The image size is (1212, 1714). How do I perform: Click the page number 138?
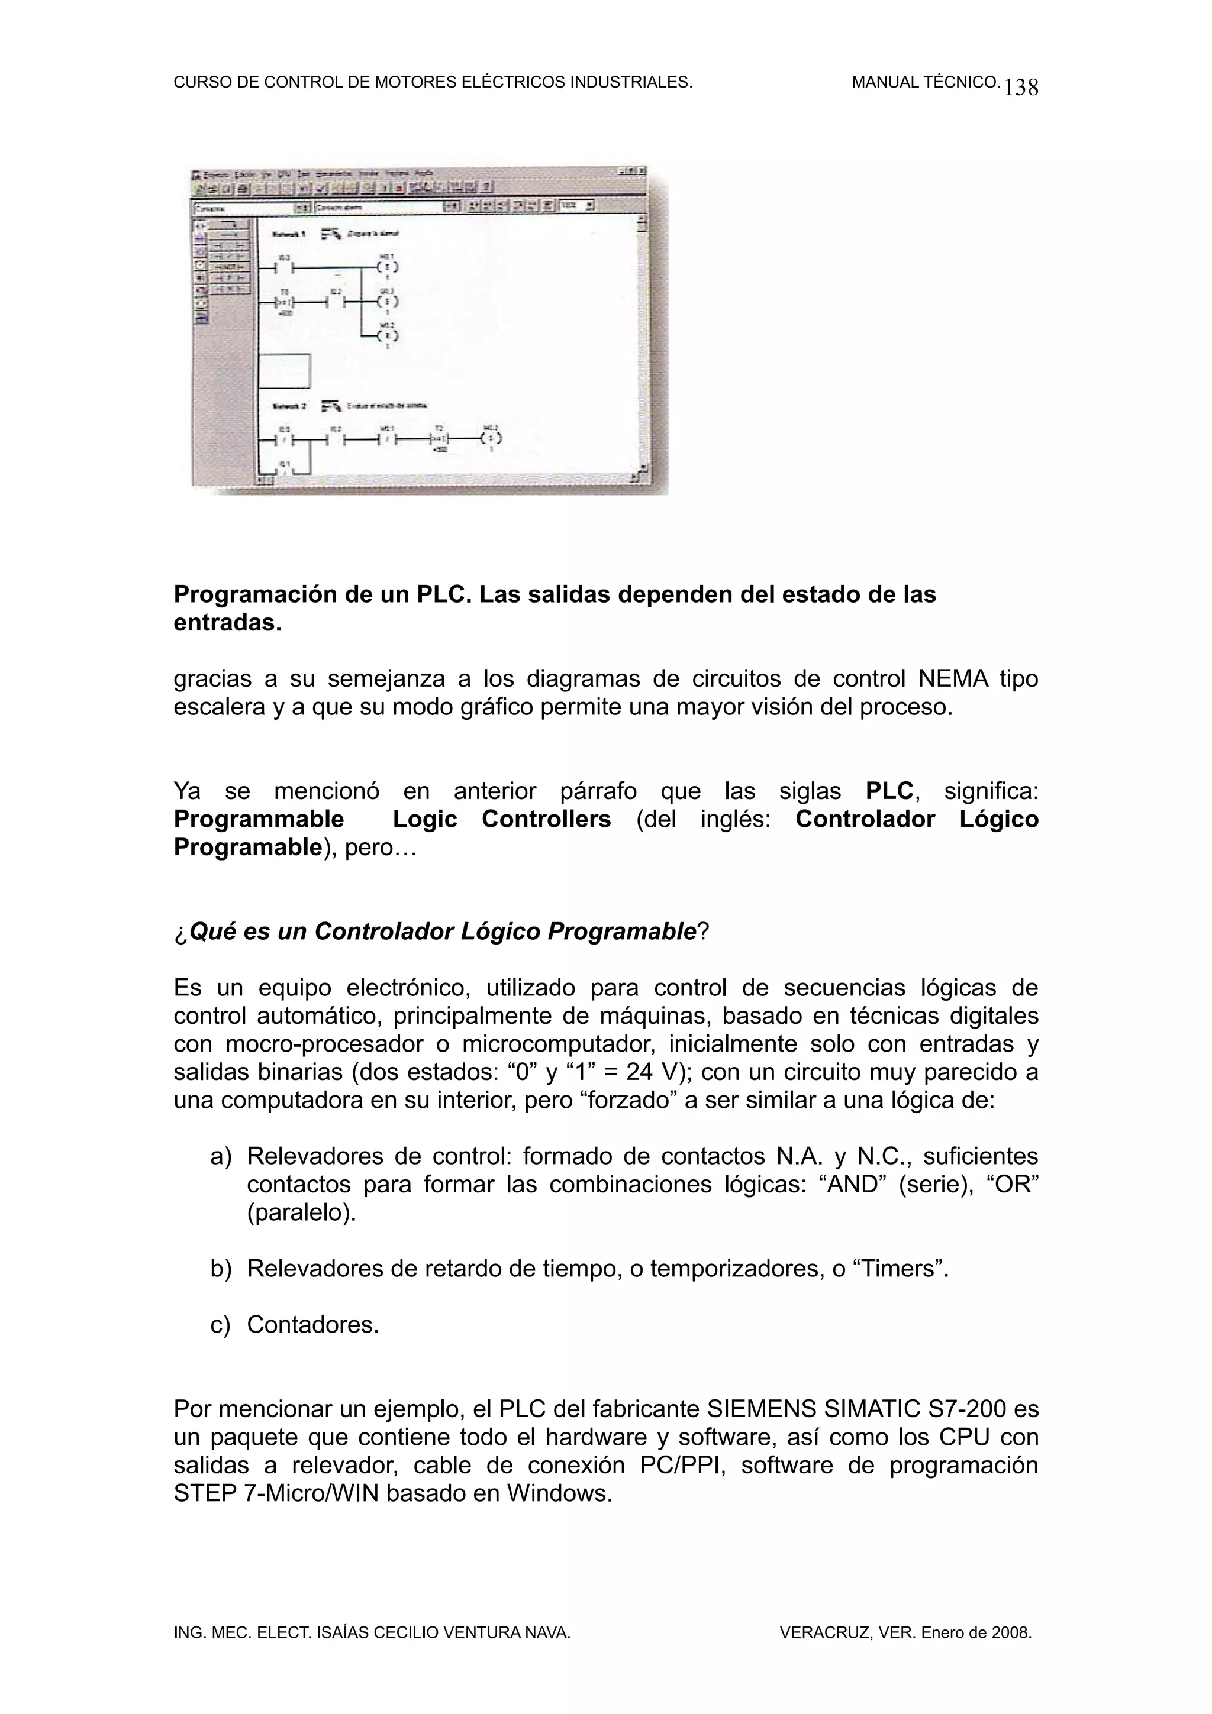click(1021, 88)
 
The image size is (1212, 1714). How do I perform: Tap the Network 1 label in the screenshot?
click(289, 234)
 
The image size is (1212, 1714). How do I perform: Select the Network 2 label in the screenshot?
click(289, 406)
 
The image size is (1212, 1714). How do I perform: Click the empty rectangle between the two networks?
click(284, 371)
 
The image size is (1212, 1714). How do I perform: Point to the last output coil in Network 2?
click(491, 438)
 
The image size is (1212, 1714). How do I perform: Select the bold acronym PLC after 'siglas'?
click(889, 791)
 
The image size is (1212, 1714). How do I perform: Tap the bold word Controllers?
click(546, 819)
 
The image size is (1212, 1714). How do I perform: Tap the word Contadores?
click(313, 1324)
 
